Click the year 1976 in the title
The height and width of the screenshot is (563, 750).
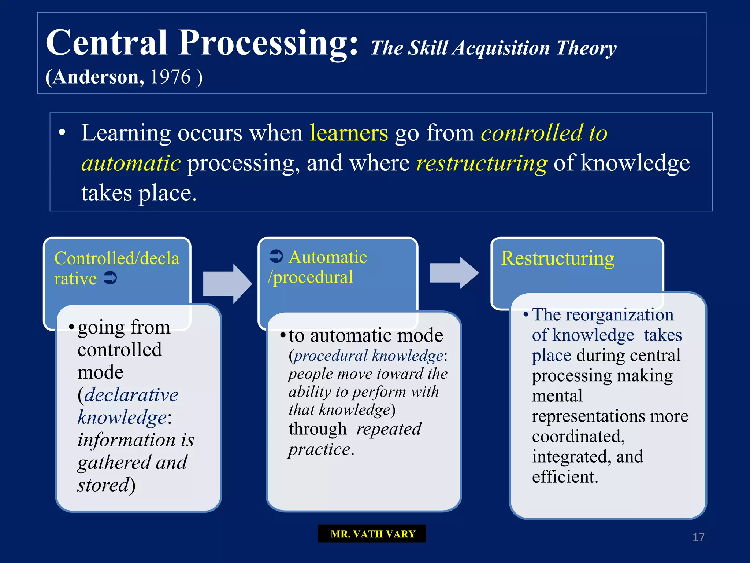170,77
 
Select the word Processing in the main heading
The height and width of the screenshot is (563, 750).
268,43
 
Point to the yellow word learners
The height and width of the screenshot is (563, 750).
349,133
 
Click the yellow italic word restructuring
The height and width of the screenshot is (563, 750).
482,163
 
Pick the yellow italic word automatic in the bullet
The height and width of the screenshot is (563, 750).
131,163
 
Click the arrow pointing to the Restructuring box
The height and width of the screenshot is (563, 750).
454,273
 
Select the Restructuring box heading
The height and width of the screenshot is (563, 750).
557,258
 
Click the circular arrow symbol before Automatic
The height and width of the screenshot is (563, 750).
276,256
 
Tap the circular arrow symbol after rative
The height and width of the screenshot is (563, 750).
110,278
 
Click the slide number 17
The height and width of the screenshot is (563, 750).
698,537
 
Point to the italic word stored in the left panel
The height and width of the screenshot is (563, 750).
104,485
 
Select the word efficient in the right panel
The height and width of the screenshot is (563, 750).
564,477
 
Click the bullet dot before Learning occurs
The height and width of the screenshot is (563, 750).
62,132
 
